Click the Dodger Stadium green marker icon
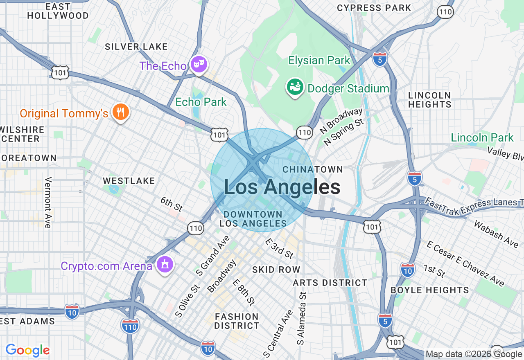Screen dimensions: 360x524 [295, 87]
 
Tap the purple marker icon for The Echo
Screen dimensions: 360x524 [199, 64]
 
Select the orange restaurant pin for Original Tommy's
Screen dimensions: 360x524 [120, 112]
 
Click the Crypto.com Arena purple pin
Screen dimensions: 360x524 [165, 265]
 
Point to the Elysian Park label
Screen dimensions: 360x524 [319, 61]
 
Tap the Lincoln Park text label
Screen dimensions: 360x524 [482, 137]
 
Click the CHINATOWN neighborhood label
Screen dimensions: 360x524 [312, 169]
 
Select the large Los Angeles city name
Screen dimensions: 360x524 [282, 187]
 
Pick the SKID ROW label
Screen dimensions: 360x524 [276, 270]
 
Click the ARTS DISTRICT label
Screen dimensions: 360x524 [330, 283]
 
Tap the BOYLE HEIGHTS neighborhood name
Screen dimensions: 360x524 [429, 290]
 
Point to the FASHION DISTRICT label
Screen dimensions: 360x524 [237, 321]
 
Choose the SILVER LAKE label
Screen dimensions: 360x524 [136, 47]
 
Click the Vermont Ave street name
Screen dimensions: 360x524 [48, 202]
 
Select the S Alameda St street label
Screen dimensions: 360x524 [302, 318]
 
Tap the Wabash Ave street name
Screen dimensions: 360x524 [496, 234]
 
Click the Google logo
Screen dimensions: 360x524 [27, 350]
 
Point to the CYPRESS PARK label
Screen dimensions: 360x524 [374, 8]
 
